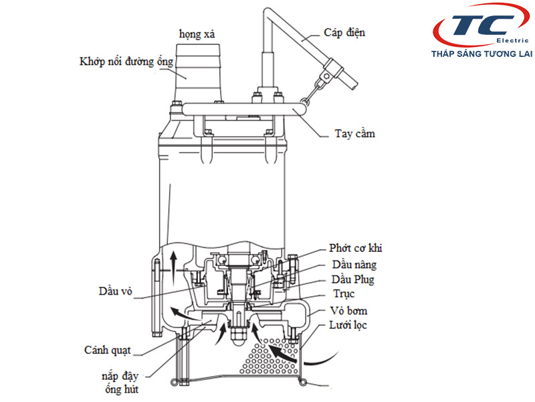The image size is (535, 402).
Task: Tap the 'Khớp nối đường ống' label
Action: pyautogui.click(x=126, y=62)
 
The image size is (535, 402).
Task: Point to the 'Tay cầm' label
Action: pyautogui.click(x=354, y=133)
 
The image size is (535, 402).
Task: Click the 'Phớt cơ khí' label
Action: pyautogui.click(x=356, y=249)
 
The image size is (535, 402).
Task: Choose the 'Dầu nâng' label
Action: pyautogui.click(x=352, y=265)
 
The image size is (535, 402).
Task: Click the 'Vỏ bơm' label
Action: pyautogui.click(x=348, y=311)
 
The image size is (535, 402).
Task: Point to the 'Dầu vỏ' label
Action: pyautogui.click(x=116, y=291)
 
